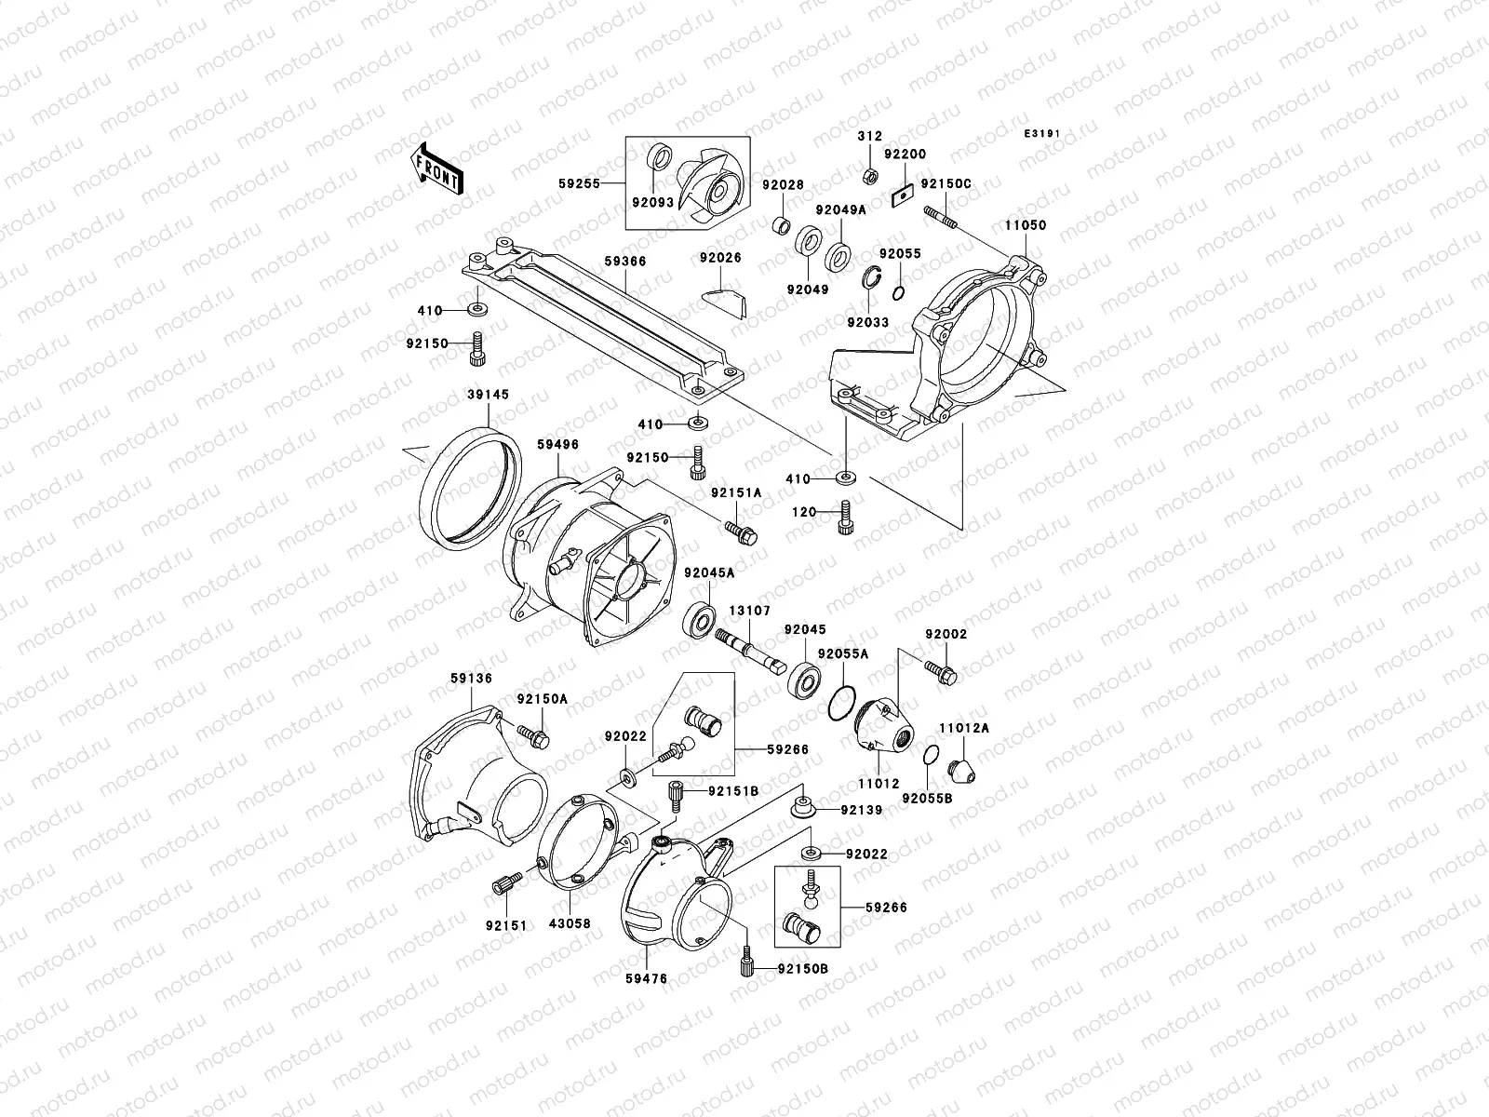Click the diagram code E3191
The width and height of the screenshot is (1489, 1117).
coord(1042,134)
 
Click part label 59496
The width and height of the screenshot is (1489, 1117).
coord(557,445)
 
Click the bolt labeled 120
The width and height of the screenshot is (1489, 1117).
coord(845,519)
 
